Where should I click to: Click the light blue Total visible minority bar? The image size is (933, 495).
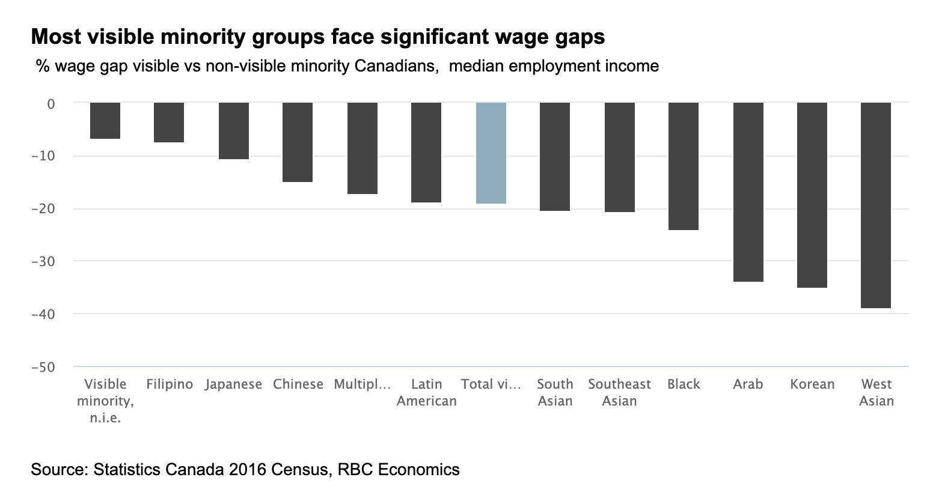point(491,153)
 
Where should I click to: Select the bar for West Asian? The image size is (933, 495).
point(876,205)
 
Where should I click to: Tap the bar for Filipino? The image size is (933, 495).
point(169,123)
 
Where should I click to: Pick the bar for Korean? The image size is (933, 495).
point(812,195)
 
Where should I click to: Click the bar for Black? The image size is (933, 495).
point(684,166)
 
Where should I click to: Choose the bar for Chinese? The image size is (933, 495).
point(298,142)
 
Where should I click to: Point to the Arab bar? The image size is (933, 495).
point(748,192)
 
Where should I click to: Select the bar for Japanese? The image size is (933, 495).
point(233,131)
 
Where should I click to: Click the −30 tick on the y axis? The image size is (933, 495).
point(43,261)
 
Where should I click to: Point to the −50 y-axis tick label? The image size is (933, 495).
point(43,367)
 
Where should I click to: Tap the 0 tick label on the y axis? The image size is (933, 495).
point(51,104)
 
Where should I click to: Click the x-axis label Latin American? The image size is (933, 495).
point(426,392)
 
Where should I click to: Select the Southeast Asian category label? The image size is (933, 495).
point(619,392)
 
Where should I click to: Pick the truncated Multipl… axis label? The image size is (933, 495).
point(362,384)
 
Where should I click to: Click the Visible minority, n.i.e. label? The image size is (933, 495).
point(105,401)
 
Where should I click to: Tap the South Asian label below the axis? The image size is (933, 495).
point(554,392)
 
